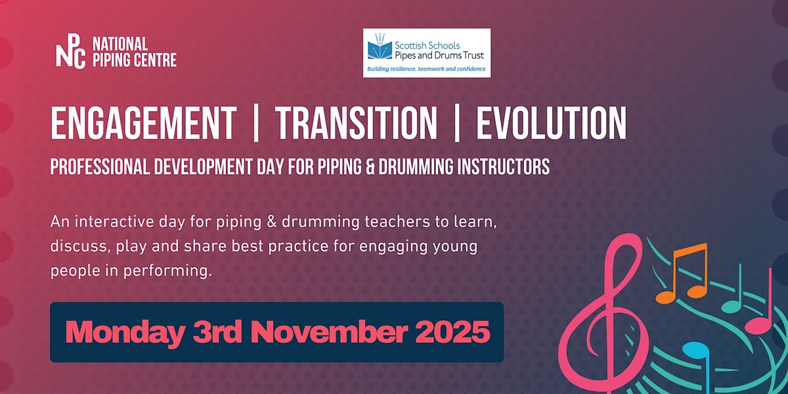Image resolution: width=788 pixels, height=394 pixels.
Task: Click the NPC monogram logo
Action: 71,51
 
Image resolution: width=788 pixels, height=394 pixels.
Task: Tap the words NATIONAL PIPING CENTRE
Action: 135,52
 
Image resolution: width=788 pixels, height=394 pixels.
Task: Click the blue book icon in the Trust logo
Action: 380,49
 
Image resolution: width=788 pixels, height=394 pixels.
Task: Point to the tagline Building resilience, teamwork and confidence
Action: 426,69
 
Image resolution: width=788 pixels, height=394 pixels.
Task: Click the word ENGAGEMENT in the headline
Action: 144,123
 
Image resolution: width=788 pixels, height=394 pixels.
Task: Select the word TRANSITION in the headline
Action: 357,123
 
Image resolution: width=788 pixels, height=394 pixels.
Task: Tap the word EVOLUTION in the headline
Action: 551,123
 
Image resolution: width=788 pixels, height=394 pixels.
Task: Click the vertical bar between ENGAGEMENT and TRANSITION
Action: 255,123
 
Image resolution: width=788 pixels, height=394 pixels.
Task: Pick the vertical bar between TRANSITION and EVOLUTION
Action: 456,123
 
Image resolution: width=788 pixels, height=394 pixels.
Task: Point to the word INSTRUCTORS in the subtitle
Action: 504,166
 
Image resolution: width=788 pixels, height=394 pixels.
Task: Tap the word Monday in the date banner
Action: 125,332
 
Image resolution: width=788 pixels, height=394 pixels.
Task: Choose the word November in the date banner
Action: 329,332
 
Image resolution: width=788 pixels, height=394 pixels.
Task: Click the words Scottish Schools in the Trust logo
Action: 427,45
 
